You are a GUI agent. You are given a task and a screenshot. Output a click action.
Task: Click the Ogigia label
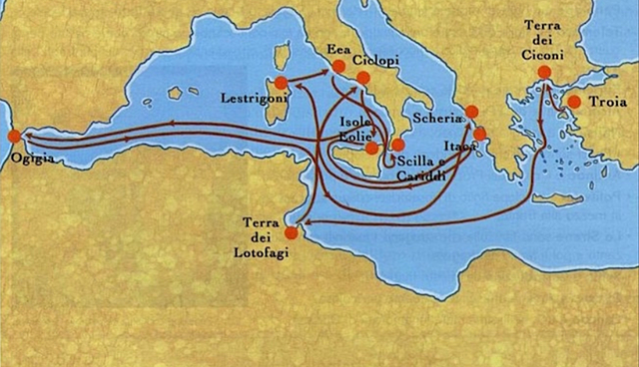[28, 158]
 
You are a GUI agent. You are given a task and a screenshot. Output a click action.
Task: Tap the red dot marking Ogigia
[13, 136]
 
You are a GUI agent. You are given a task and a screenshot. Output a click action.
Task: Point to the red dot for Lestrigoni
[281, 83]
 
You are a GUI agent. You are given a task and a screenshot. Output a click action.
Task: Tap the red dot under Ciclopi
[362, 78]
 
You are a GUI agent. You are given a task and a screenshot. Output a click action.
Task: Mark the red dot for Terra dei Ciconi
[544, 72]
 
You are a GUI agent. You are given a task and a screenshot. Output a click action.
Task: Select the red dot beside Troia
[574, 102]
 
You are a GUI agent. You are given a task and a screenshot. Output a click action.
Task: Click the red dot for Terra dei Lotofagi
[291, 233]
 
